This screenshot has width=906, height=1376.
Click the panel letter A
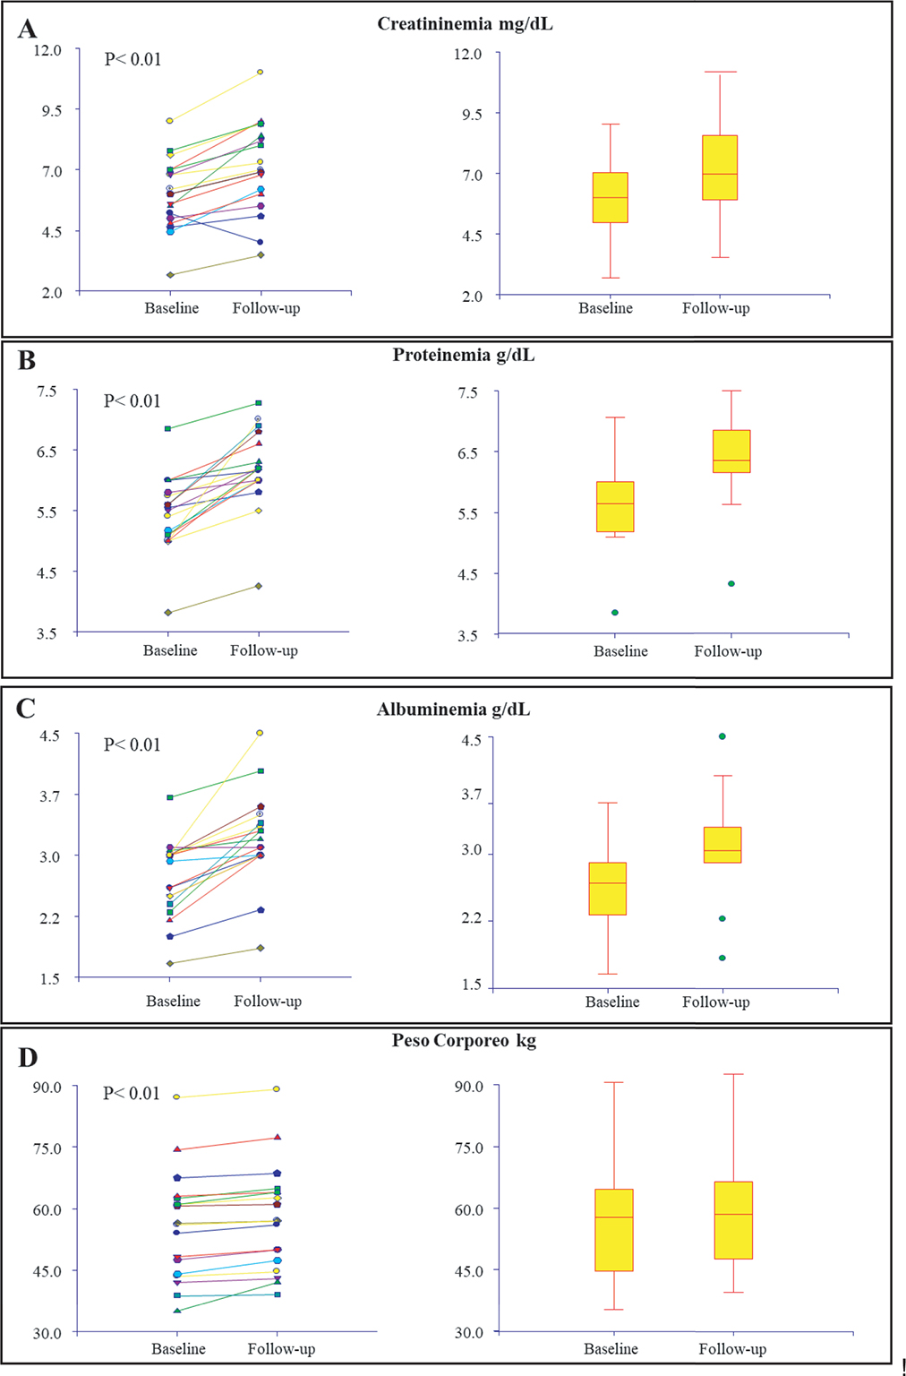coord(27,30)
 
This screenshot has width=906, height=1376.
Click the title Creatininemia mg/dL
coord(465,24)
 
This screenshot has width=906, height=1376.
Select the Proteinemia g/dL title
coord(463,355)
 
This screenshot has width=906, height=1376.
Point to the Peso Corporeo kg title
coord(464,1040)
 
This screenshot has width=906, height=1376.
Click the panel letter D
coord(28,1058)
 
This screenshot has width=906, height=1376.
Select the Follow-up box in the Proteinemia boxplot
coord(731,451)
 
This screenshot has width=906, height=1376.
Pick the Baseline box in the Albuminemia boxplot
coord(607,888)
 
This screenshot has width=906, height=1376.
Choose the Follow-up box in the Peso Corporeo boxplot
coord(733,1220)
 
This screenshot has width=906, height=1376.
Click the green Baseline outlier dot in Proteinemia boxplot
coord(615,613)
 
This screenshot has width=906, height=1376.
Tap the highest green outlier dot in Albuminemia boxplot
coord(722,736)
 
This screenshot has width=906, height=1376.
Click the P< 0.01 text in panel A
coord(132,60)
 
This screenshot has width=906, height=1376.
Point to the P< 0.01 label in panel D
coord(131,1093)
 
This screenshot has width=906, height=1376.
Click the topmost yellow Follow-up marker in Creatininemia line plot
coord(261,72)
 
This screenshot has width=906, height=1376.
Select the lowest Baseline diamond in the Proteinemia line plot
coord(168,613)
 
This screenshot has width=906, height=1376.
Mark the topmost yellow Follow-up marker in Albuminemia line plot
coord(261,733)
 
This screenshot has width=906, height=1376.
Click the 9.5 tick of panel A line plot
coord(47,110)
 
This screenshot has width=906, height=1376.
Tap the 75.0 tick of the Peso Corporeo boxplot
coord(468,1148)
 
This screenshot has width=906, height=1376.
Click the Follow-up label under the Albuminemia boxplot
coord(715,1002)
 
